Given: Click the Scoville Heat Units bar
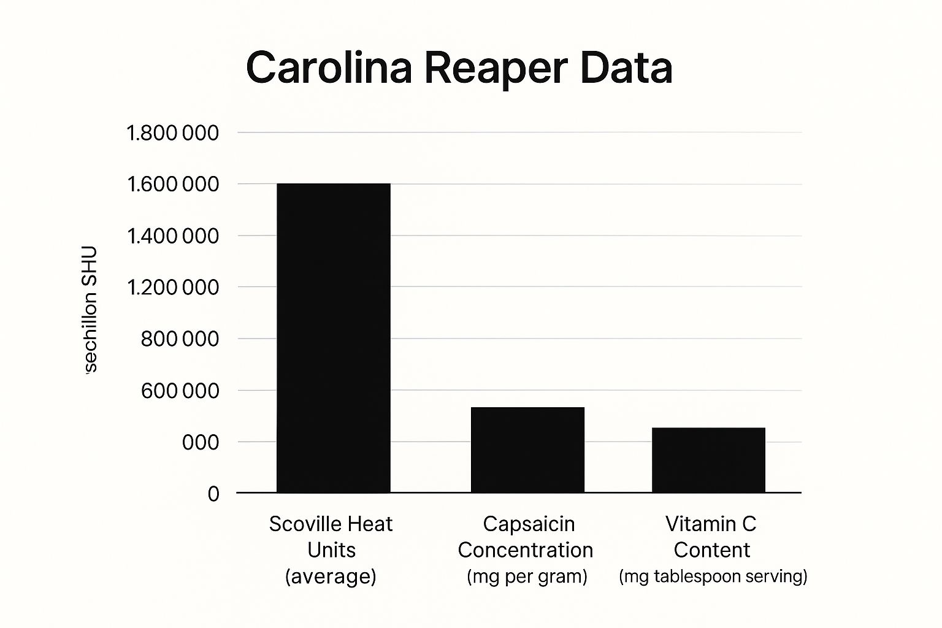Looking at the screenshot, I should point(333,337).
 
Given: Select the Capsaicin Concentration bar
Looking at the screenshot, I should point(527,450).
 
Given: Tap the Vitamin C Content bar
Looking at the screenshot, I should point(708,460).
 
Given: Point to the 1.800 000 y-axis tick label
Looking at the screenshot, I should point(172,133).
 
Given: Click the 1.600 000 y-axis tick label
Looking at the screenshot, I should point(172,185).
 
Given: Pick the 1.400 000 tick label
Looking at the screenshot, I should point(172,236).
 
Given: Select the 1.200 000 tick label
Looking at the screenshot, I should point(172,288).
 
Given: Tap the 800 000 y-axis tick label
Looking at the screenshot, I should point(180,339).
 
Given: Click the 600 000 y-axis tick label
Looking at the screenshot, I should point(180,391).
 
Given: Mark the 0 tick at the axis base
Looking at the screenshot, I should point(213,494).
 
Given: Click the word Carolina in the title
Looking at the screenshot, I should point(329,67).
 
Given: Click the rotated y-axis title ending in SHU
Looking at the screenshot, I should point(90,309).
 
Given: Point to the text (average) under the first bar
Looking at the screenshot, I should point(331,576).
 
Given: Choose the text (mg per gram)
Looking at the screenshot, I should point(527,576).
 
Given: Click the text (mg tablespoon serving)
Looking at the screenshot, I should point(713,576).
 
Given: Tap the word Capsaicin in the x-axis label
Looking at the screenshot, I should point(529,524).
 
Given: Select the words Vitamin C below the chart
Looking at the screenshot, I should point(711,524).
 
